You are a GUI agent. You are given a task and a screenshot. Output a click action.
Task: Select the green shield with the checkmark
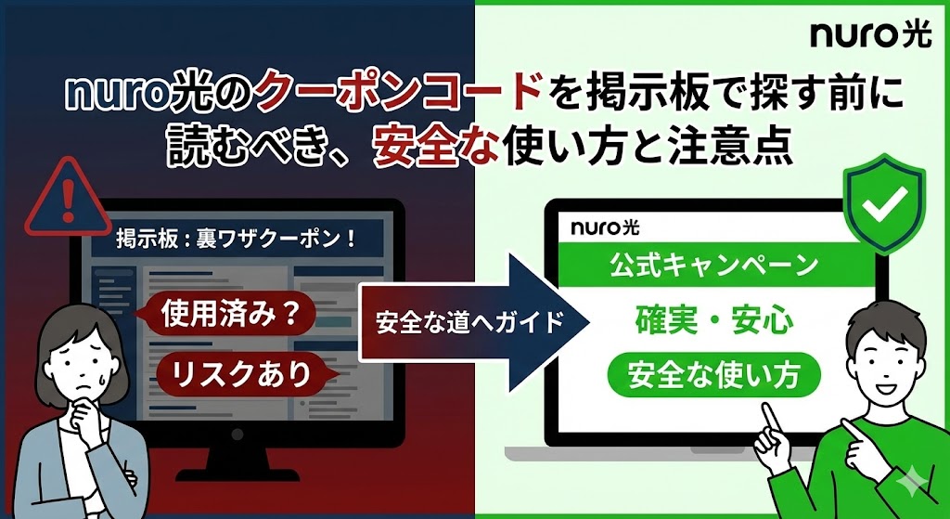pyautogui.click(x=884, y=203)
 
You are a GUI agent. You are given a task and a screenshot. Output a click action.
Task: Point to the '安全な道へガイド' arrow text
pyautogui.click(x=469, y=322)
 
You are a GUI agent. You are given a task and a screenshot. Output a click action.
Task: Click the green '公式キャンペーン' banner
pyautogui.click(x=715, y=265)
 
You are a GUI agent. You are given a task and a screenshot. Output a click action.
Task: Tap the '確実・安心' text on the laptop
pyautogui.click(x=714, y=320)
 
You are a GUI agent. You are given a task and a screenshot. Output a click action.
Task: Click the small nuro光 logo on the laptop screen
pyautogui.click(x=605, y=227)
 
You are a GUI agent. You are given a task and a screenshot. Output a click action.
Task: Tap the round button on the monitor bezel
pyautogui.click(x=237, y=435)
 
